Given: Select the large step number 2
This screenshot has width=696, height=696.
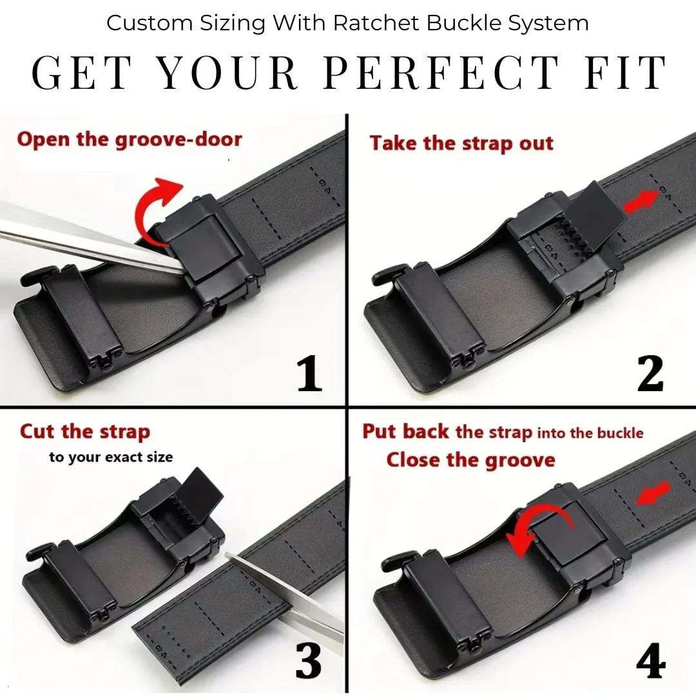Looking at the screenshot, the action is coord(650,374).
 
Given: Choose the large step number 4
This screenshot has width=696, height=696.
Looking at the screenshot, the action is coord(650,661).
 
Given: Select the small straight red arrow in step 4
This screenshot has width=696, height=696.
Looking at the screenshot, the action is coord(653,493).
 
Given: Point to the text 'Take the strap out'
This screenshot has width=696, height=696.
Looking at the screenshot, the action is coord(461,143).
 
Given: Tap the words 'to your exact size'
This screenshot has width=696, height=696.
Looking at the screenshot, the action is coord(111,457).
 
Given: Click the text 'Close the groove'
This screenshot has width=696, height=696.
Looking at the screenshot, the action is coord(470,460).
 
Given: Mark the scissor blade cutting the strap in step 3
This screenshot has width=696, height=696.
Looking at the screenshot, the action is coord(284,590).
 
